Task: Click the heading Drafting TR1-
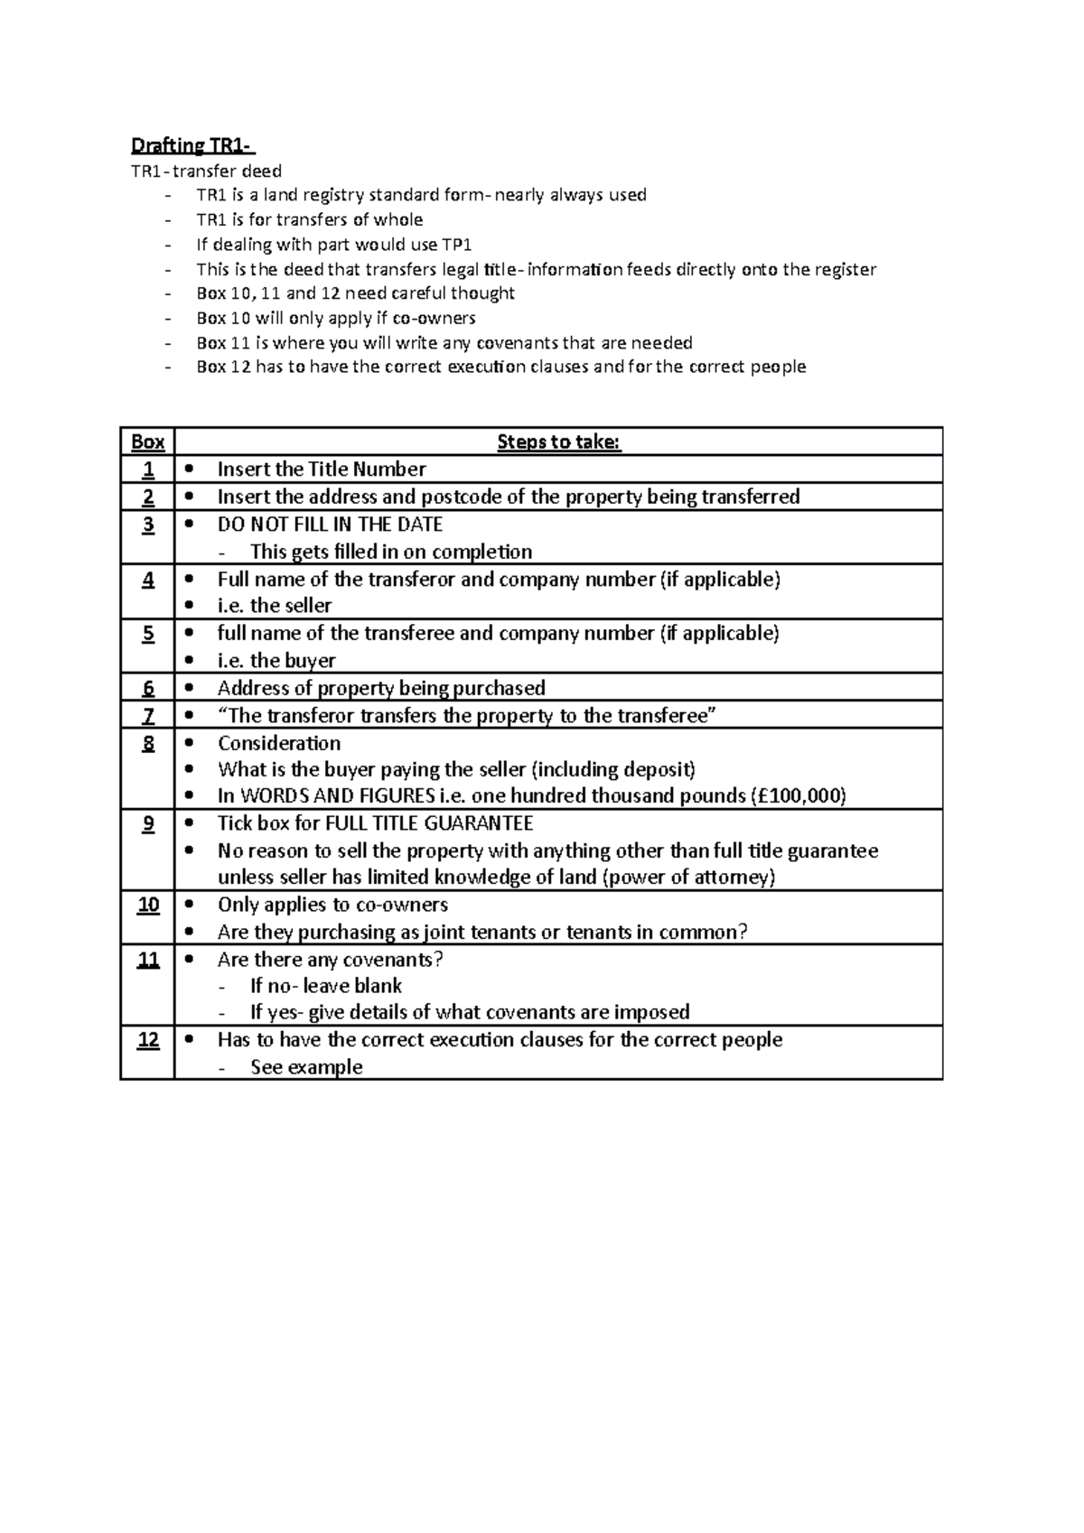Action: click(193, 145)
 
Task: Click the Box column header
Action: click(147, 441)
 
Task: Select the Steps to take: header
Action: click(558, 441)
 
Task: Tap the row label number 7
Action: click(147, 716)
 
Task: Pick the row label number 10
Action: click(147, 905)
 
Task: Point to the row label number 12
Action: click(147, 1040)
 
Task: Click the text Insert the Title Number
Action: click(321, 469)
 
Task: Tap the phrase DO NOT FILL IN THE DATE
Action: click(330, 525)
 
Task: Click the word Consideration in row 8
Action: click(279, 743)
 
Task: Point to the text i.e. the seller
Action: click(275, 606)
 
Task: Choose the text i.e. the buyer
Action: click(276, 661)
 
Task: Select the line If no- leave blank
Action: click(326, 986)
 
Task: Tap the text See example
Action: click(306, 1067)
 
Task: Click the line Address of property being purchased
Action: click(381, 689)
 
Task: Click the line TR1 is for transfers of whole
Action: click(309, 220)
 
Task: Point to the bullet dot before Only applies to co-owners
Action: click(189, 905)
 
